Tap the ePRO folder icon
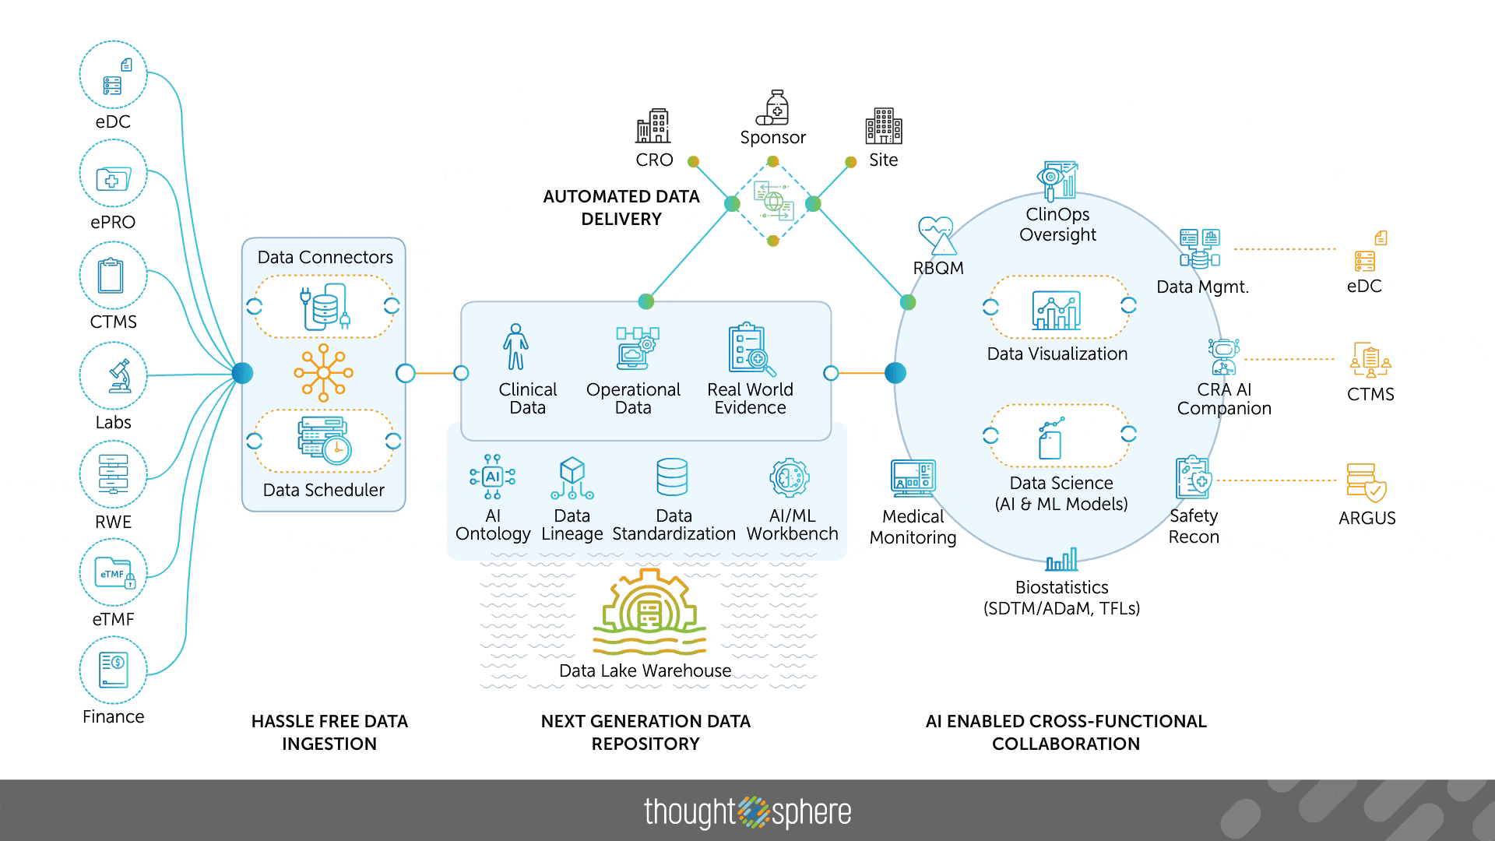tap(113, 178)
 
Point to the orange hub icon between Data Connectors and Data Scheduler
tap(323, 373)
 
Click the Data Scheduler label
tap(323, 490)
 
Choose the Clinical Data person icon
tap(515, 347)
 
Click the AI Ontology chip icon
tap(492, 477)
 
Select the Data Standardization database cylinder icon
tap(672, 477)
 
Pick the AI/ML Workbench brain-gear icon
tap(790, 477)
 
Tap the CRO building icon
tap(653, 125)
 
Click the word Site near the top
tap(883, 160)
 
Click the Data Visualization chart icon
tap(1056, 311)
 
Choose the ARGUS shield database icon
tap(1367, 482)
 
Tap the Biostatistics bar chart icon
tap(1061, 559)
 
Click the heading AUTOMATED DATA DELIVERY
tap(621, 208)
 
